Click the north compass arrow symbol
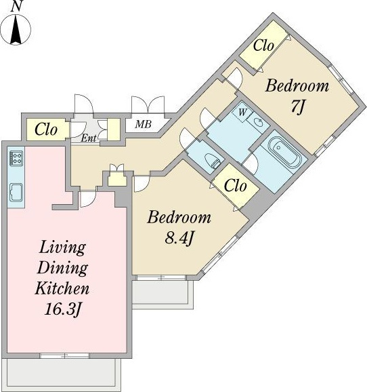coord(16,29)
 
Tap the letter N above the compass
coord(16,6)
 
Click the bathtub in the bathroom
coord(284,153)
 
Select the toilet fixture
coord(213,161)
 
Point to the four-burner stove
coord(16,158)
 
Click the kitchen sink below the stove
coord(16,192)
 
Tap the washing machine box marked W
coord(242,113)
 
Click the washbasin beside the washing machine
coord(258,122)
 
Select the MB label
coord(144,124)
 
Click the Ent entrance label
coord(89,138)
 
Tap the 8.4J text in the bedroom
coord(179,238)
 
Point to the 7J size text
coord(297,106)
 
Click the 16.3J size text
coord(62,309)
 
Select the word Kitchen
coord(62,288)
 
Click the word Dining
coord(62,269)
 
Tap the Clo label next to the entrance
coord(46,130)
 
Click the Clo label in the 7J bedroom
coord(263,45)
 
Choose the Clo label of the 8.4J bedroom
coord(235,186)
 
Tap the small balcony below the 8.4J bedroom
coord(163,293)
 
